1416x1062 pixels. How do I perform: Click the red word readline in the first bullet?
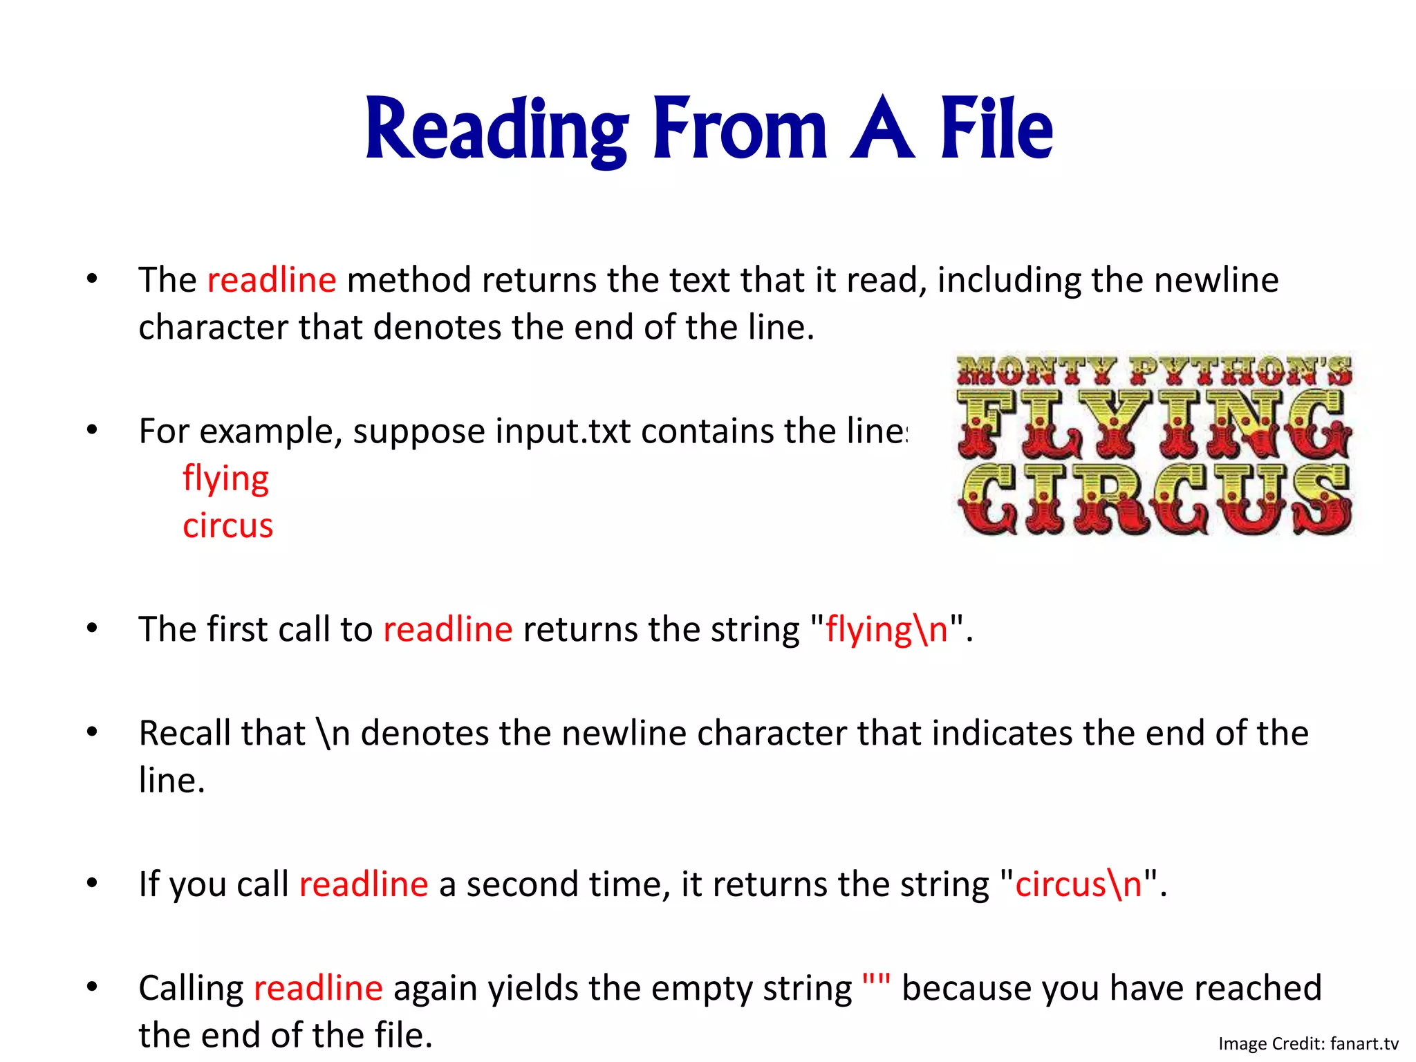(272, 280)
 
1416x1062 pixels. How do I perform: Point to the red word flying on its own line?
(225, 479)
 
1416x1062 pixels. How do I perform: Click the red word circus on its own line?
(227, 525)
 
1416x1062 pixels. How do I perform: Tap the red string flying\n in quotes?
(886, 630)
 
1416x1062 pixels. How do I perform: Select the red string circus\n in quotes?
(1078, 884)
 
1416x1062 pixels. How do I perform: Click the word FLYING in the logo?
(1153, 423)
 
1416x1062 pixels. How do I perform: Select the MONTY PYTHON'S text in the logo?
(1153, 371)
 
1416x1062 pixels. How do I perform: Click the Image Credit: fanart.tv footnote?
(1307, 1043)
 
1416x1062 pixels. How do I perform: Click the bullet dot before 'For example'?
(92, 430)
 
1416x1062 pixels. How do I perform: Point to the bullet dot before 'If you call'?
(92, 883)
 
